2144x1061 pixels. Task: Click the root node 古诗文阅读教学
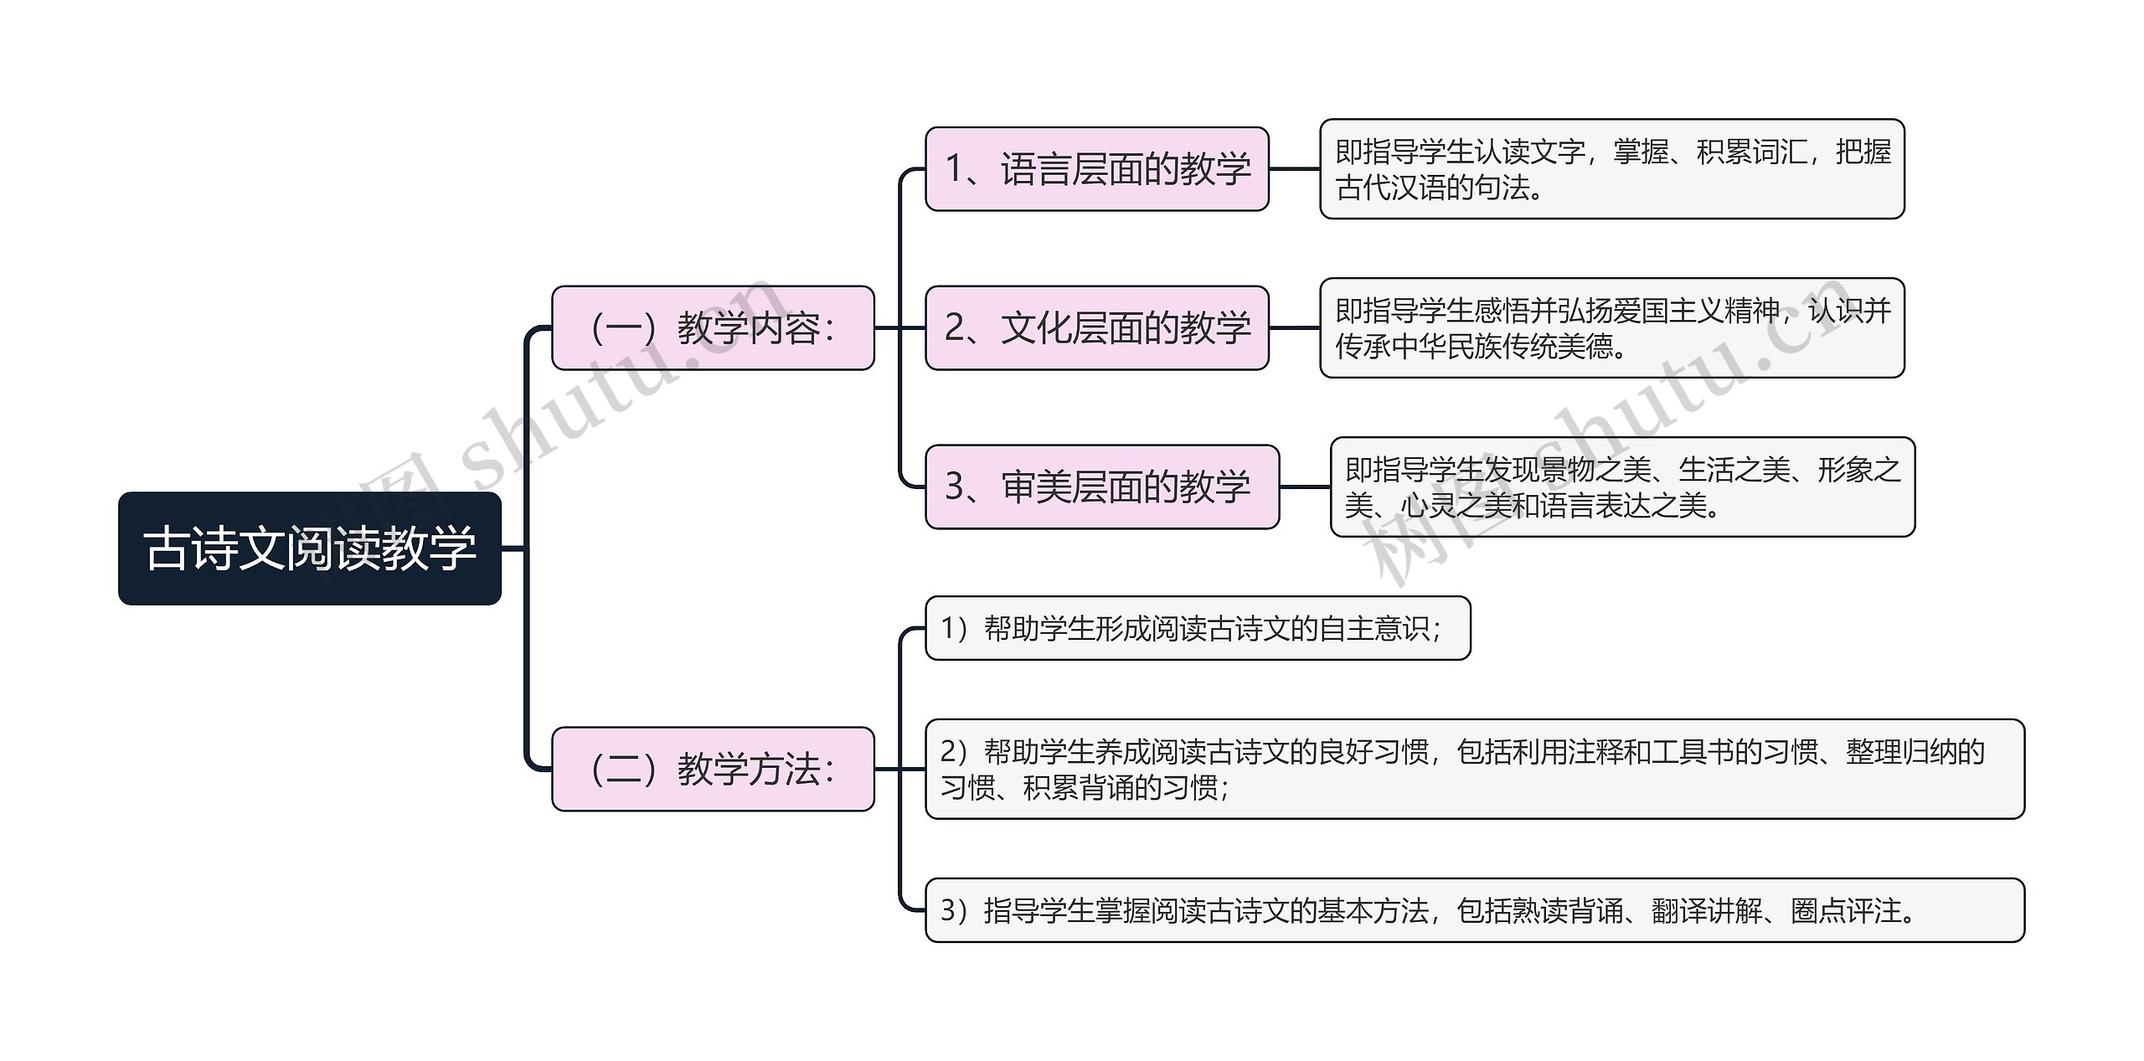point(309,549)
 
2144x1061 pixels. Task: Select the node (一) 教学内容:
point(713,327)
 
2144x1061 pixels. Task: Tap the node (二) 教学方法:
point(713,769)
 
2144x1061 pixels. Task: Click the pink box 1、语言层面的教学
point(1096,169)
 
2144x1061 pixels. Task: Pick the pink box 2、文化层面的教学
point(1096,327)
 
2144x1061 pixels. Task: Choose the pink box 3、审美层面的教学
point(1101,487)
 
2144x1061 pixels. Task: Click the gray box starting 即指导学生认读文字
point(1611,169)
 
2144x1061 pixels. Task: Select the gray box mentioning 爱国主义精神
point(1611,327)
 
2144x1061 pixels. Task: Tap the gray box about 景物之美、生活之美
point(1622,487)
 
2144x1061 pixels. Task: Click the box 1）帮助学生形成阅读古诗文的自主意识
point(1197,628)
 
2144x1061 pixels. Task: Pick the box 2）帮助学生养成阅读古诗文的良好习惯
point(1474,769)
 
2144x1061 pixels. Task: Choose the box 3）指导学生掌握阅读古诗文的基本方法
point(1474,910)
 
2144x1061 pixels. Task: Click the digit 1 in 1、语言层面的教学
point(954,169)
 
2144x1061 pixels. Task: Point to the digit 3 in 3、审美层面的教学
point(955,487)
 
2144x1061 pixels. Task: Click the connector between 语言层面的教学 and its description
point(1295,169)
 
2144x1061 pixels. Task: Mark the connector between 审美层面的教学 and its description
point(1305,487)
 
